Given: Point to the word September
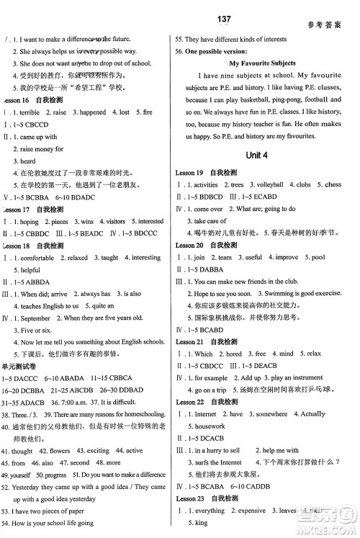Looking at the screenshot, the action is pyautogui.click(x=35, y=318).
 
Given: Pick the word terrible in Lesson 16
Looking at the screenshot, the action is pyautogui.click(x=30, y=113).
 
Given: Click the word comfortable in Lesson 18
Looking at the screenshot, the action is pyautogui.click(x=37, y=258).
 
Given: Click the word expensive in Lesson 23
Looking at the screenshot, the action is pyautogui.click(x=252, y=511).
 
